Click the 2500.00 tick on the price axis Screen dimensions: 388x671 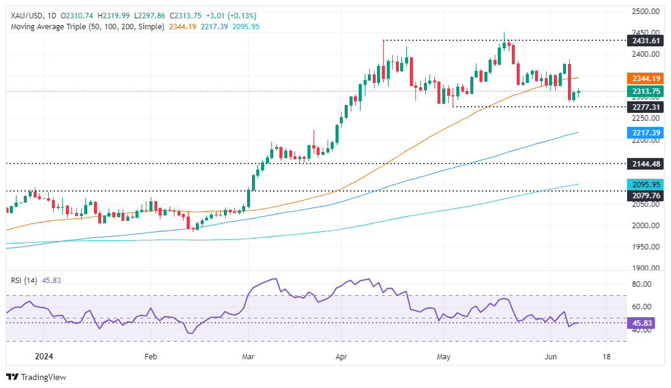click(x=645, y=12)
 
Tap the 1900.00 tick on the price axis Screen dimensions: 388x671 click(x=645, y=268)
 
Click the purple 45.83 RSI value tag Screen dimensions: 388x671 click(x=640, y=323)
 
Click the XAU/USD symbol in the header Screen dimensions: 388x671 click(x=24, y=15)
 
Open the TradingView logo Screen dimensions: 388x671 click(x=37, y=377)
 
